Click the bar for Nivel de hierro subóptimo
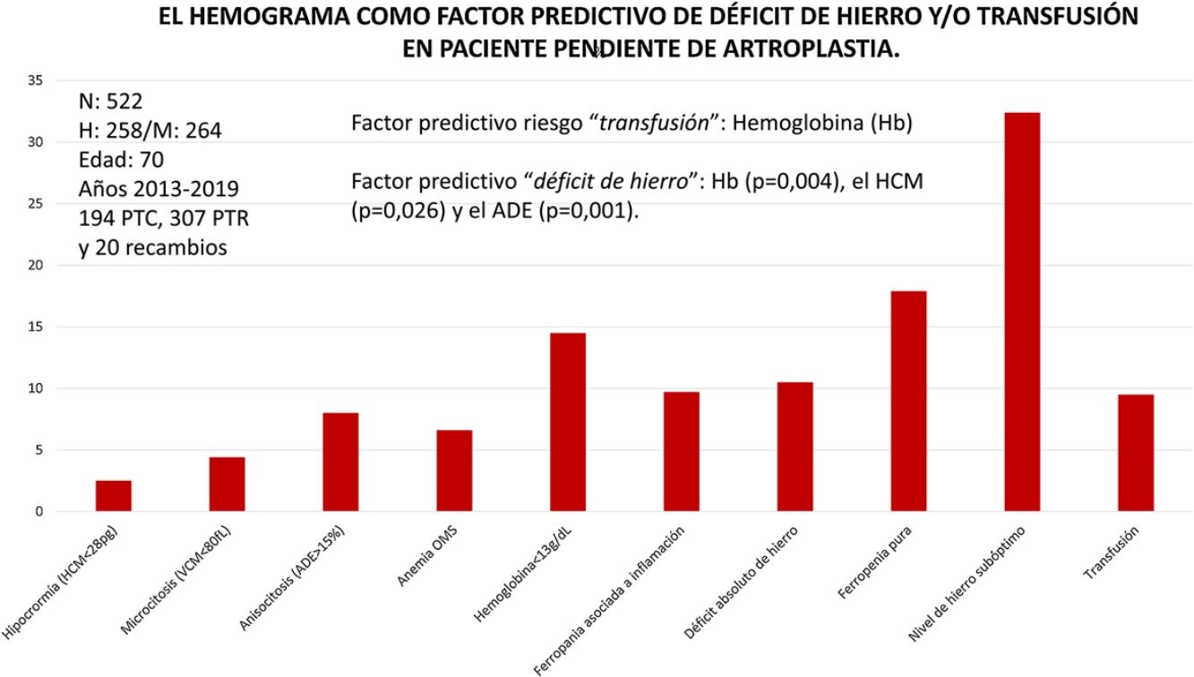click(1022, 312)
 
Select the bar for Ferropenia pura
click(908, 401)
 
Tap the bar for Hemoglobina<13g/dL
click(568, 422)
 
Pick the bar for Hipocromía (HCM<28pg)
click(114, 496)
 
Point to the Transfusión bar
click(1136, 453)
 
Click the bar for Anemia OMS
click(454, 471)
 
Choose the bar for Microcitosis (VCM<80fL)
click(228, 484)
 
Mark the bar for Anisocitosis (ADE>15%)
click(340, 462)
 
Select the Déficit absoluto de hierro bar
click(795, 447)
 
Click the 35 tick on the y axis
click(36, 81)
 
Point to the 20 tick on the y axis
click(36, 265)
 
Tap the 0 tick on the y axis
click(39, 511)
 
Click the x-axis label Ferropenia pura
click(875, 562)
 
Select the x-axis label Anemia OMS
click(427, 556)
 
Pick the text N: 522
click(111, 101)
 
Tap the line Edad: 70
click(122, 160)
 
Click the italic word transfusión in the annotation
click(654, 124)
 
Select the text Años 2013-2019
click(159, 189)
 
